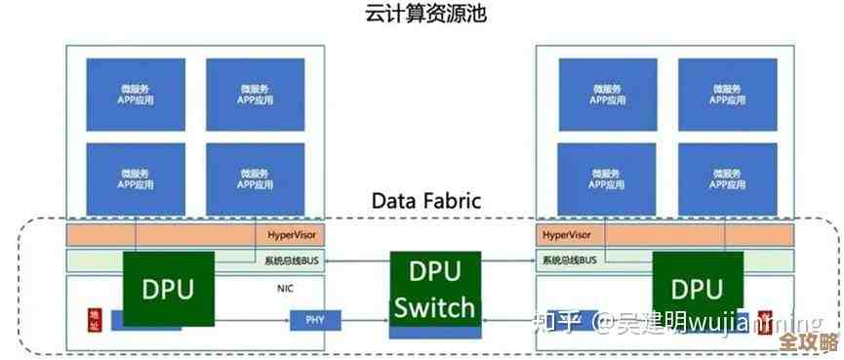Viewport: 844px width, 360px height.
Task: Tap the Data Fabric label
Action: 427,201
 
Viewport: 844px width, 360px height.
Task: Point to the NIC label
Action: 286,289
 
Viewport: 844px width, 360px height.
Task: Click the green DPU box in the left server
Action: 168,289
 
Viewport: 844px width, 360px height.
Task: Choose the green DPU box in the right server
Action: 696,289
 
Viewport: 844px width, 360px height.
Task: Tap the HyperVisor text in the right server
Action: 567,235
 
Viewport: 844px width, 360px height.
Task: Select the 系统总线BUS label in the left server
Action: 292,260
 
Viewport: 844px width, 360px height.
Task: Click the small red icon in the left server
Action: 95,318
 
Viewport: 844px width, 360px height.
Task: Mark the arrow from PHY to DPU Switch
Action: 354,319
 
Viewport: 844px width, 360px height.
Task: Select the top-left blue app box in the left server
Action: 136,95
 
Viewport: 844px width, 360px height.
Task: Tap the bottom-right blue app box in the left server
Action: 255,179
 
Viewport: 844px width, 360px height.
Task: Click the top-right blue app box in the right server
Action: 727,95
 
